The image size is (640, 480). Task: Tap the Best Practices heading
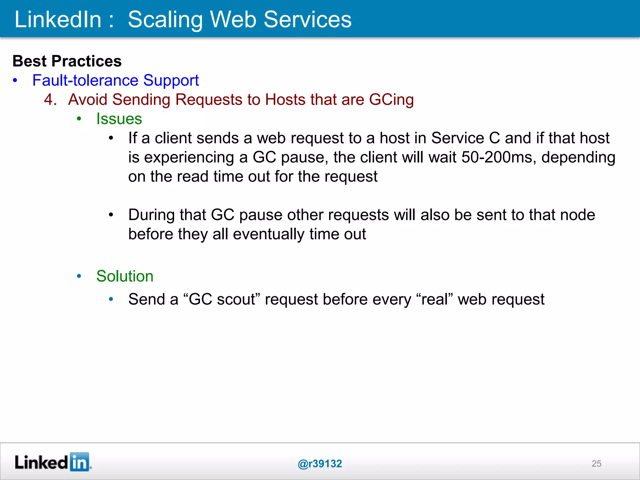pos(67,61)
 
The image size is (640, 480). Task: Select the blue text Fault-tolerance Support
pos(115,80)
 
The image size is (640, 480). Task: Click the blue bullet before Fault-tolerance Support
pos(15,80)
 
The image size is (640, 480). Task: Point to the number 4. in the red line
pos(50,100)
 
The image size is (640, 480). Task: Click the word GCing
pos(391,100)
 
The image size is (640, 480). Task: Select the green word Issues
pos(119,119)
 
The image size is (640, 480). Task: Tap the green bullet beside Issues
pos(79,119)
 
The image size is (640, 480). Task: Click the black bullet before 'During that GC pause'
pos(111,215)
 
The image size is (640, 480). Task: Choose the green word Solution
pos(125,276)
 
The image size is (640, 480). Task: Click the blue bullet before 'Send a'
pos(111,299)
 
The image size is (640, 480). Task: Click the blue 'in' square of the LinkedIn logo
pos(79,462)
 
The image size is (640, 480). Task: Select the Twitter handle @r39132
pos(320,464)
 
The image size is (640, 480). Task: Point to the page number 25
pos(596,464)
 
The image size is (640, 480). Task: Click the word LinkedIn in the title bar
pos(58,19)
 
